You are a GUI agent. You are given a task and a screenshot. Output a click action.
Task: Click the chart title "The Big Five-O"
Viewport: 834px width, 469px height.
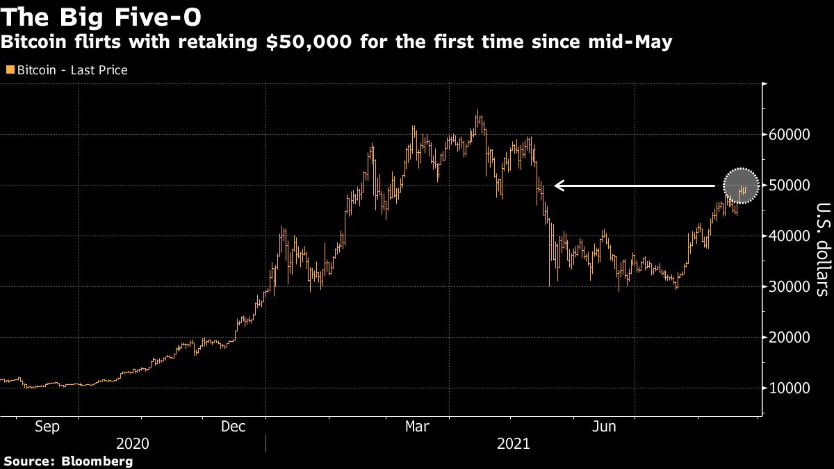pyautogui.click(x=102, y=16)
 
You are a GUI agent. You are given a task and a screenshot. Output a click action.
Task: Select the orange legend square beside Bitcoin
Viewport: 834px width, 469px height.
pyautogui.click(x=10, y=70)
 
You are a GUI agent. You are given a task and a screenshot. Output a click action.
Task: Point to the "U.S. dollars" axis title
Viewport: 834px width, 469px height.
pyautogui.click(x=822, y=249)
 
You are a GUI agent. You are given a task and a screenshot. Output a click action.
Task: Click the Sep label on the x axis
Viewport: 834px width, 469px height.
pyautogui.click(x=47, y=427)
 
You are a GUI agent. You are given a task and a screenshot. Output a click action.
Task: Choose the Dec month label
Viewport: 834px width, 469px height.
pyautogui.click(x=234, y=427)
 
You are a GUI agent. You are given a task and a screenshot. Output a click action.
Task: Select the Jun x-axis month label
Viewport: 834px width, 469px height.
pyautogui.click(x=603, y=427)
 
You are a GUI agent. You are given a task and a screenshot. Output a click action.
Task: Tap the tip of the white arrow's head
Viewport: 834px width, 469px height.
pyautogui.click(x=555, y=186)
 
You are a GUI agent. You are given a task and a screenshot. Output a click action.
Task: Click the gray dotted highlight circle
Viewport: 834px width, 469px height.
pyautogui.click(x=741, y=186)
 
